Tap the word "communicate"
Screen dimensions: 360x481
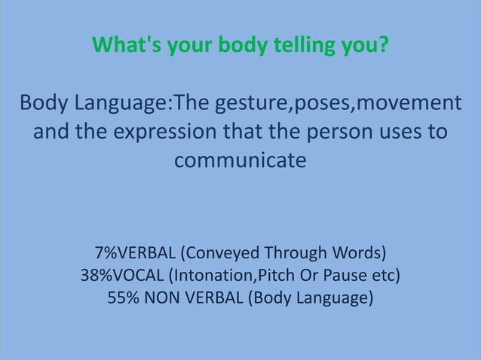[x=240, y=161]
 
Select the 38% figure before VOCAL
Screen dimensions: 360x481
[x=96, y=275]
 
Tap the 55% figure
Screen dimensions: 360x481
[x=123, y=297]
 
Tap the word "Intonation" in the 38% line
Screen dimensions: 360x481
[x=215, y=275]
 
